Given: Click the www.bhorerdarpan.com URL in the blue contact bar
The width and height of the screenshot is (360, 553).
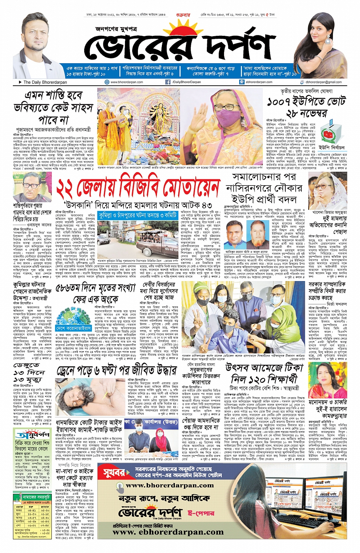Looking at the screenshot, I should click(x=126, y=82).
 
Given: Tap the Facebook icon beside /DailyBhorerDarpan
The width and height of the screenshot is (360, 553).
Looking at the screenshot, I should click(x=168, y=82).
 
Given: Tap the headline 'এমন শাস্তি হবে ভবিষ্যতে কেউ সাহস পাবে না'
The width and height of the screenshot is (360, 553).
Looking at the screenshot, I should click(x=54, y=107).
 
